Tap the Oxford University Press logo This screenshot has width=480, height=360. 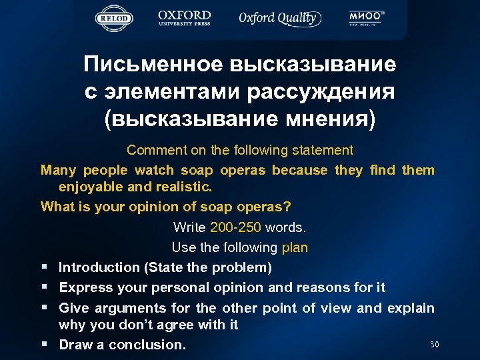coord(185,18)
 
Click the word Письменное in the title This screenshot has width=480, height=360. coord(154,65)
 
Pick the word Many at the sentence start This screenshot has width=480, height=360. coord(58,170)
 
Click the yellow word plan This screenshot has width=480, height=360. coord(295,247)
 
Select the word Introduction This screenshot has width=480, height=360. coord(98,267)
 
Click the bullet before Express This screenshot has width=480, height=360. coord(44,287)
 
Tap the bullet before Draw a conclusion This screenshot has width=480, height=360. coord(44,345)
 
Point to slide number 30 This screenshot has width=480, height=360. coord(434,345)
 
